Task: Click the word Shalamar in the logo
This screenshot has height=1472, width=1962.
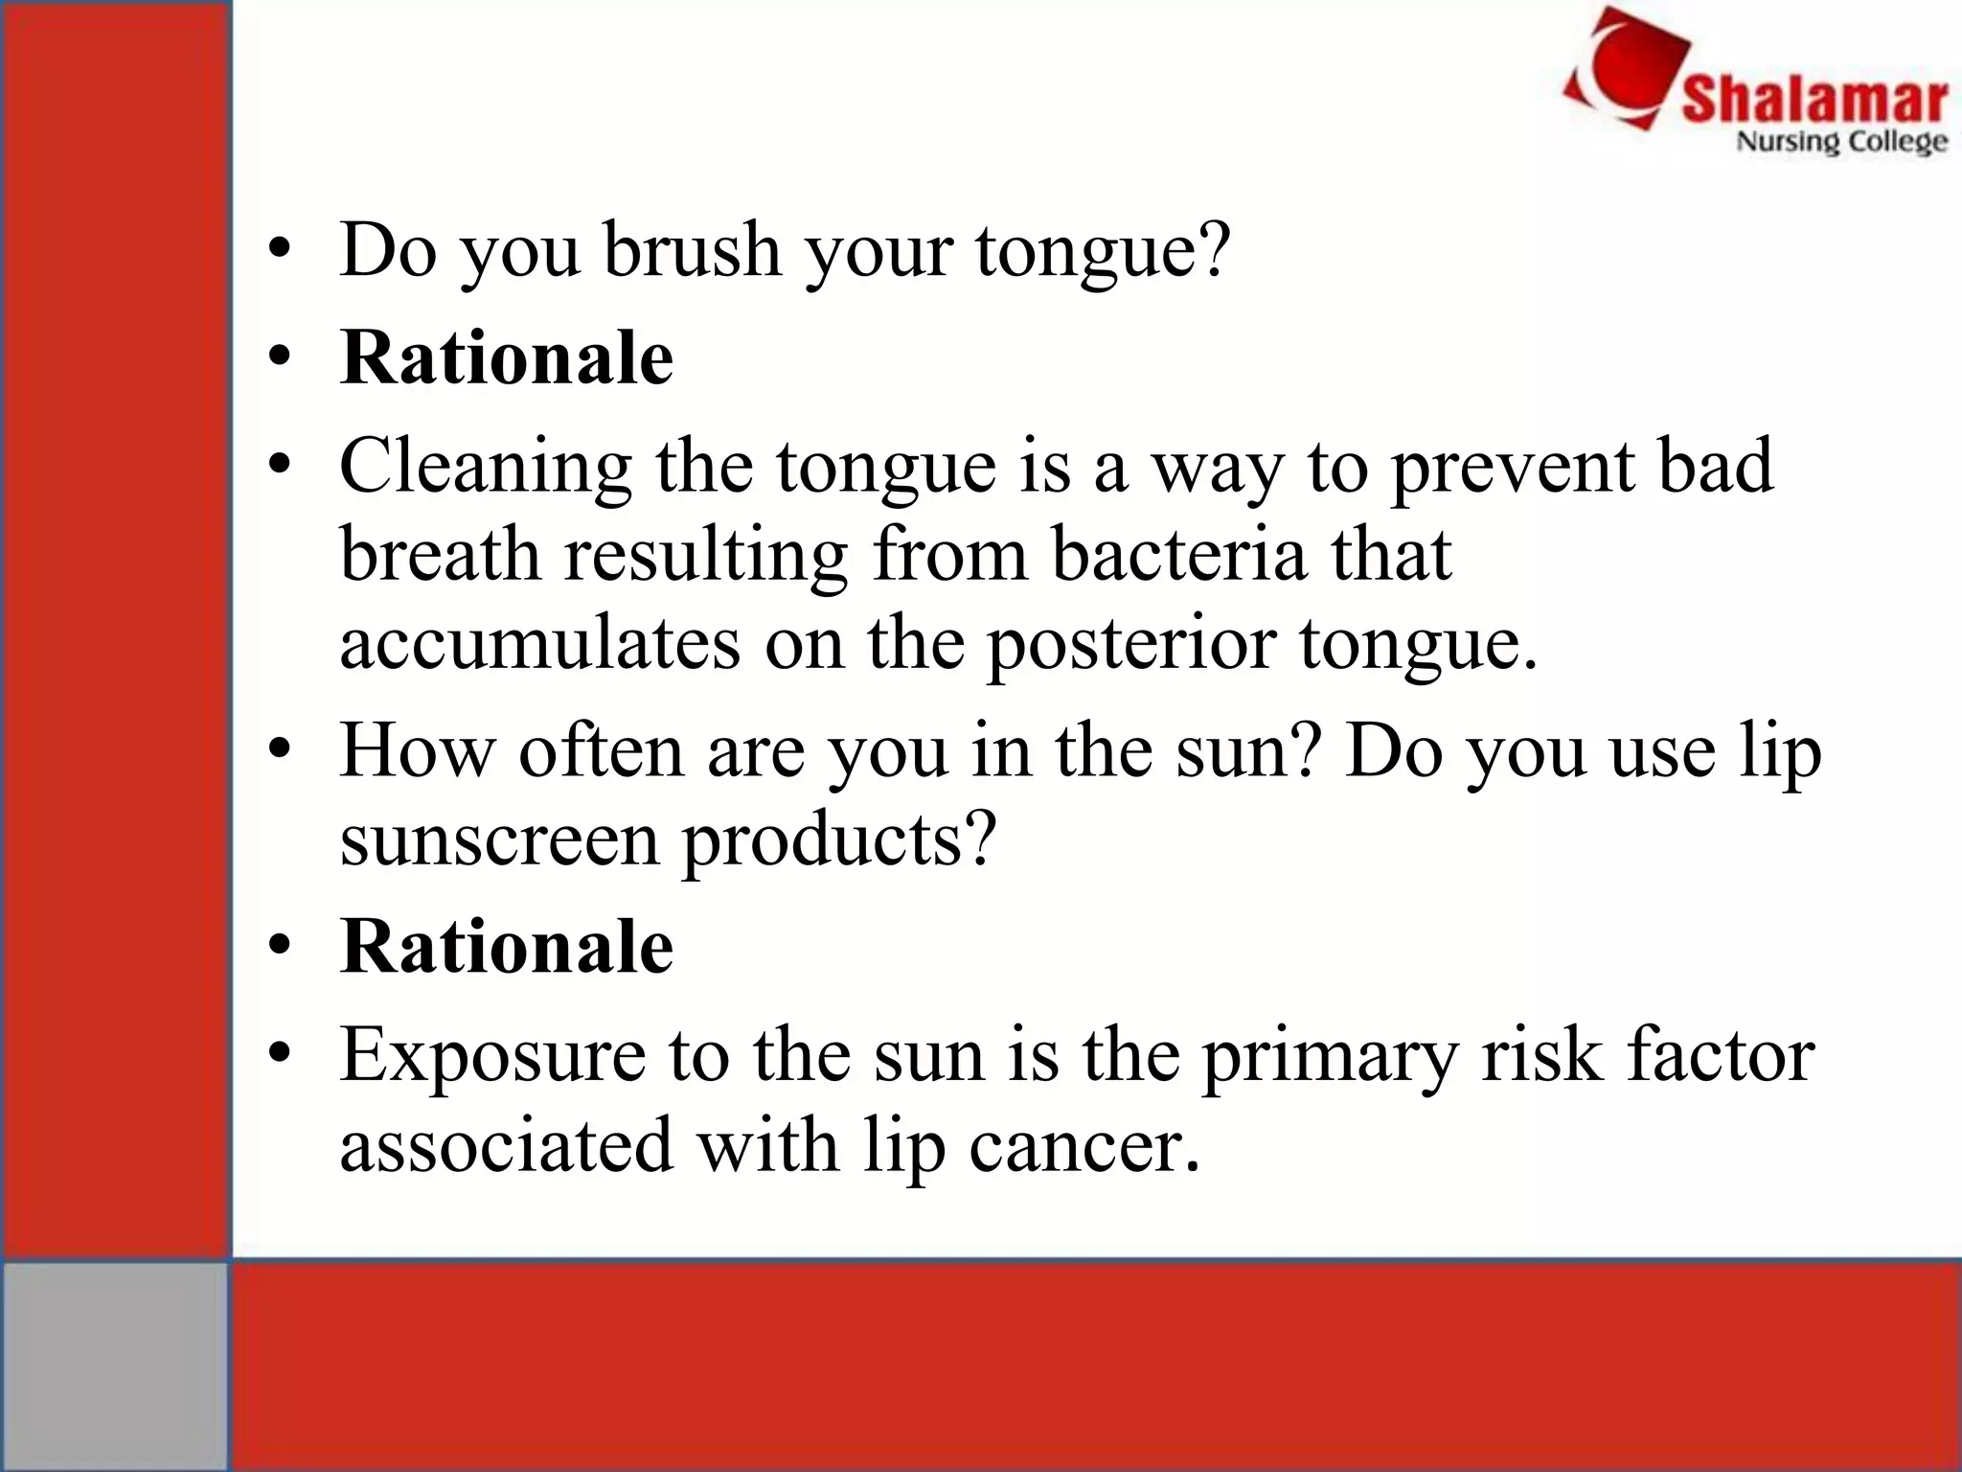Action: coord(1814,100)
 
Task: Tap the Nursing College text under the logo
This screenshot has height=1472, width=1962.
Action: coord(1841,143)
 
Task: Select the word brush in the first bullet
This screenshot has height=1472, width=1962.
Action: coord(692,250)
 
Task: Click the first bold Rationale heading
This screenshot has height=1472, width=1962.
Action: coord(507,358)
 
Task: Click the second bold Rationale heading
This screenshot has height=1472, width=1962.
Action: coord(507,947)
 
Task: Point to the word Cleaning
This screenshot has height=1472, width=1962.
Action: coord(485,467)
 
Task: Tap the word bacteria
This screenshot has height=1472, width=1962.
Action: coord(1179,555)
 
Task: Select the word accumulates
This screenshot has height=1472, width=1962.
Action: coord(539,643)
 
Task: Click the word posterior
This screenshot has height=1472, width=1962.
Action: coord(1130,643)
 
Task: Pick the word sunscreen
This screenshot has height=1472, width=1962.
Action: coord(499,840)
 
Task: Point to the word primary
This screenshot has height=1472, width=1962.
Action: coord(1329,1057)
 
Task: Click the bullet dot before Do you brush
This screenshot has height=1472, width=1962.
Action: coord(279,250)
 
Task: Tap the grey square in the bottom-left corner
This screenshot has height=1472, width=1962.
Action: coord(114,1365)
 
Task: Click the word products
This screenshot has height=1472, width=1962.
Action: coord(838,840)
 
